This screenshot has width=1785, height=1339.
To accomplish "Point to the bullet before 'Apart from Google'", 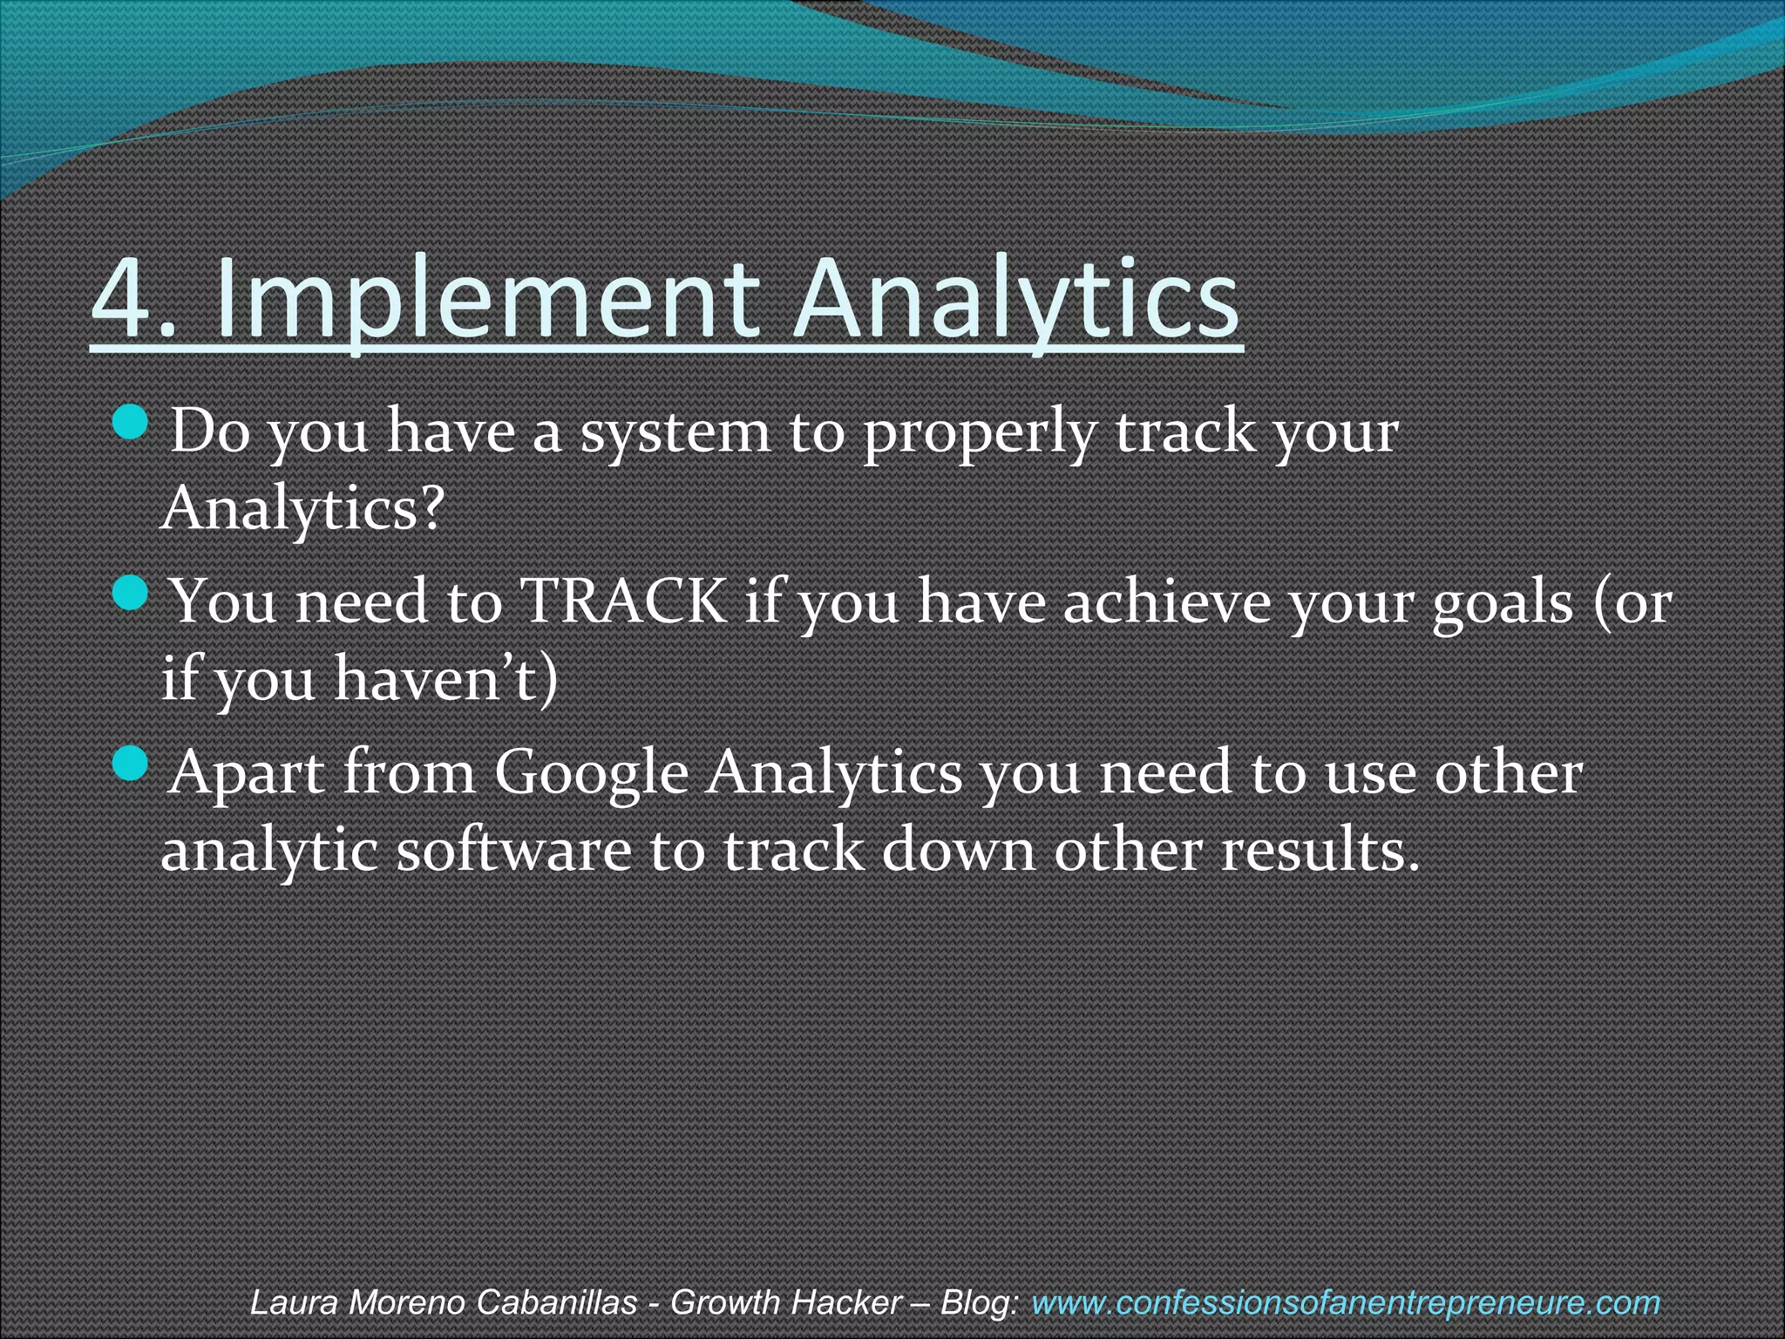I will click(132, 765).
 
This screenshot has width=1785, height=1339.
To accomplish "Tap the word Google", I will click(592, 772).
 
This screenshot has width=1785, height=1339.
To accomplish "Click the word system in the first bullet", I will click(675, 432).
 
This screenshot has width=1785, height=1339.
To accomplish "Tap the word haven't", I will click(445, 678).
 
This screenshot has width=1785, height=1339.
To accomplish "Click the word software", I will click(513, 849).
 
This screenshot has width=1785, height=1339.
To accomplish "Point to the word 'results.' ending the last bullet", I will click(1320, 849).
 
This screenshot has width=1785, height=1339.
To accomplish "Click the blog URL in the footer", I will click(1345, 1302).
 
